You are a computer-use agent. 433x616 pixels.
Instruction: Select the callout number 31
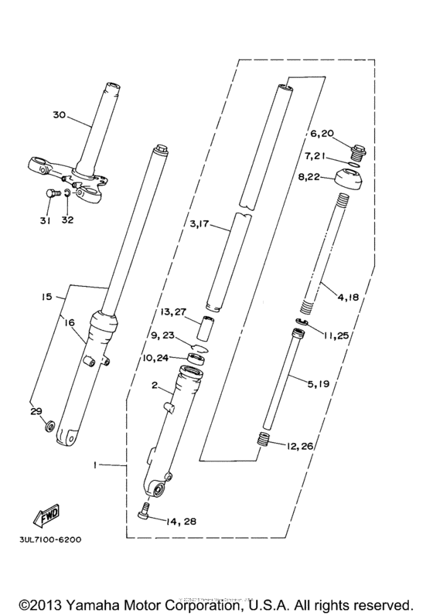tap(46, 221)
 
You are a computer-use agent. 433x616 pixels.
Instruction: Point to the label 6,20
tap(322, 134)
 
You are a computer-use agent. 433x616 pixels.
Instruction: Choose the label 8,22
tap(322, 178)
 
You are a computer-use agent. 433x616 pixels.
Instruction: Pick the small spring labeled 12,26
tap(265, 441)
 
